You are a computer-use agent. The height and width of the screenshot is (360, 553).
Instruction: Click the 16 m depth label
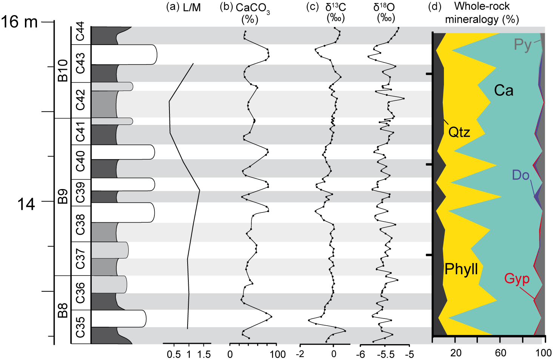coord(19,22)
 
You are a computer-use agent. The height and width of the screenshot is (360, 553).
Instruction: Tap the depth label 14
coord(26,204)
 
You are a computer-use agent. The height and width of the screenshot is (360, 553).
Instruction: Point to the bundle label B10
coord(63,71)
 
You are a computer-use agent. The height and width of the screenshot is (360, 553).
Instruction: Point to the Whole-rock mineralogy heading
coord(482,12)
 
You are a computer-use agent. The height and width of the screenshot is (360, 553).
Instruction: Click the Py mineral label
coord(523,45)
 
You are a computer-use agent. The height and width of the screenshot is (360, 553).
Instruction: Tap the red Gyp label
coord(517,279)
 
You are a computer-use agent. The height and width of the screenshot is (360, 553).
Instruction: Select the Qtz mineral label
coord(459,132)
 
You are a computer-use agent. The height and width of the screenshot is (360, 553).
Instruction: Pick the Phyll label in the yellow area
coord(461,269)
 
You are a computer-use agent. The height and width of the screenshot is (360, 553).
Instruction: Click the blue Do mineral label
coord(521,175)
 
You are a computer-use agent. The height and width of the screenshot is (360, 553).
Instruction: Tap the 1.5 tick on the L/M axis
coord(204,354)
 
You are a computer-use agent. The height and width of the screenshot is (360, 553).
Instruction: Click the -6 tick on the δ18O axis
coord(361,354)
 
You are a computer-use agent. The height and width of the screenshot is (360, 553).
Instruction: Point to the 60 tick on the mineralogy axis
coord(501,353)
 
